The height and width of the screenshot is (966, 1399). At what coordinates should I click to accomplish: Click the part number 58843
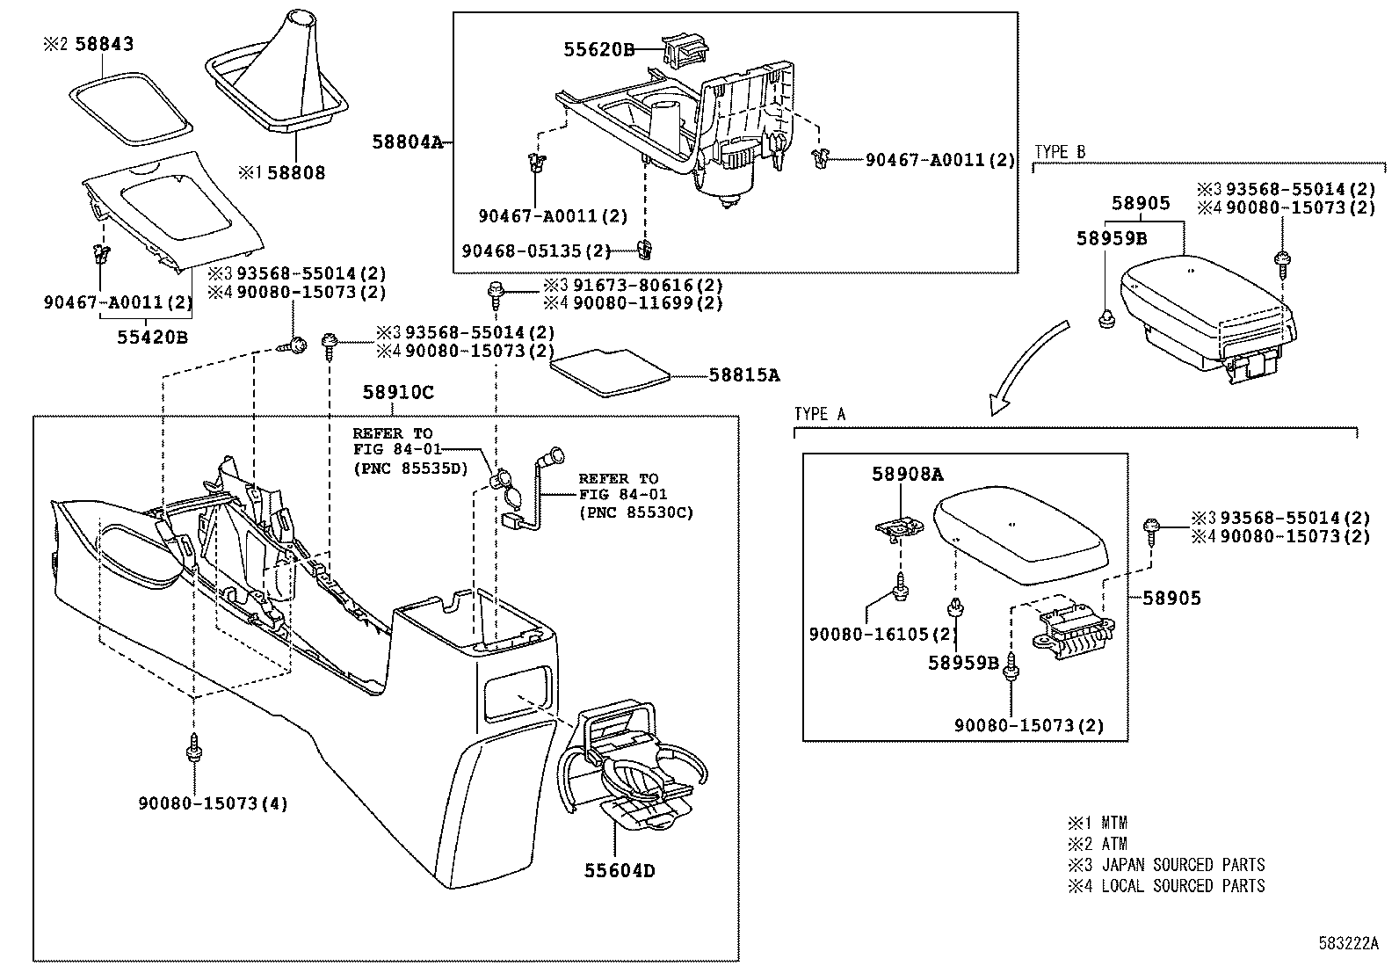point(104,44)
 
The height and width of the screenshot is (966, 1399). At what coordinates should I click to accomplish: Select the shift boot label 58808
point(296,173)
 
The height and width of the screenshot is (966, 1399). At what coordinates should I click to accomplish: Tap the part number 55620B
point(598,50)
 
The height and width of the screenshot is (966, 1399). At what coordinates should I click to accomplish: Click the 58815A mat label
point(745,375)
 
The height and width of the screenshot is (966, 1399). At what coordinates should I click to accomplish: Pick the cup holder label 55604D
point(620,871)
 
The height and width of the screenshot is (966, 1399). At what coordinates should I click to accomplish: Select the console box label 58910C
point(398,393)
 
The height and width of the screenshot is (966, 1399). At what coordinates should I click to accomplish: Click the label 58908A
point(907,475)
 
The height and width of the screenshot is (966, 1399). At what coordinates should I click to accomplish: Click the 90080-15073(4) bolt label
point(213,803)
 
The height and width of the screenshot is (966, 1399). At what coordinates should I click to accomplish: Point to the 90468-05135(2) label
point(536,251)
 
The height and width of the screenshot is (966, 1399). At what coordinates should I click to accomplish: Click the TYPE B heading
point(1060,153)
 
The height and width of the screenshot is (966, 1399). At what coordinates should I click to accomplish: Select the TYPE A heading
point(820,414)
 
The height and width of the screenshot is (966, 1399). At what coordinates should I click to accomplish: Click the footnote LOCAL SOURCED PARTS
point(1183,886)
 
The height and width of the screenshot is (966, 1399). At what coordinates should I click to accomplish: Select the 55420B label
point(153,337)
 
